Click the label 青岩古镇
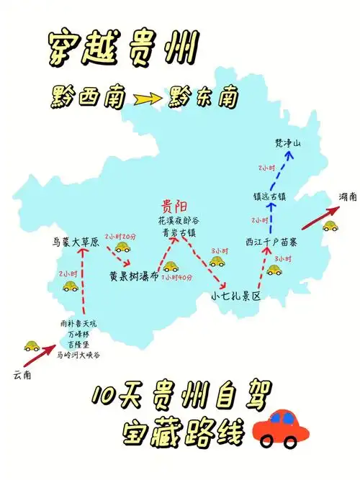[176, 232]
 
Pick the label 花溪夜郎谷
[176, 220]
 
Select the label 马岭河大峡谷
[79, 355]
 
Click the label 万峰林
[79, 335]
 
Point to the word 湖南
[348, 198]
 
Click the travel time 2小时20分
[120, 235]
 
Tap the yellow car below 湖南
[330, 225]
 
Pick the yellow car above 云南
[32, 345]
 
